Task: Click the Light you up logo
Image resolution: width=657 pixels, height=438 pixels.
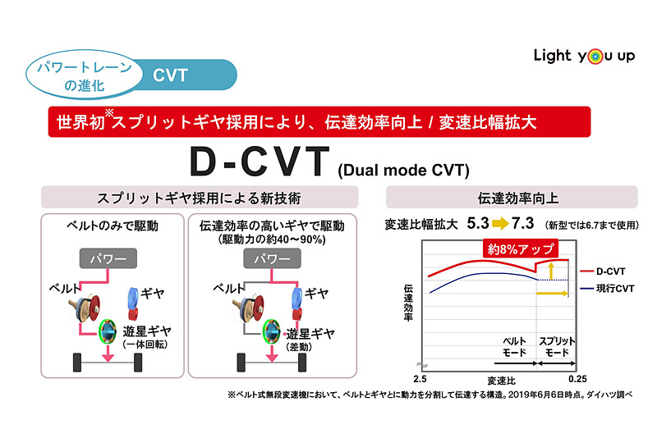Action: [x=581, y=56]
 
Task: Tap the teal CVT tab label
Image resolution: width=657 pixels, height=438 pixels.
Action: [x=171, y=75]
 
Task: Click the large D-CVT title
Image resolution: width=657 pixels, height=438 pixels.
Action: [x=260, y=162]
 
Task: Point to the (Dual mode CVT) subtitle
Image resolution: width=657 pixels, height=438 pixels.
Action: [x=402, y=171]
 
